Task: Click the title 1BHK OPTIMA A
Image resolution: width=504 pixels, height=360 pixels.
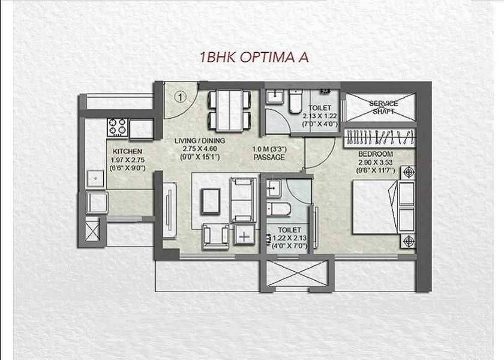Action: pyautogui.click(x=254, y=57)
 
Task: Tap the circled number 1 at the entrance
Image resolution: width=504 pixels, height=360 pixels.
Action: pyautogui.click(x=181, y=97)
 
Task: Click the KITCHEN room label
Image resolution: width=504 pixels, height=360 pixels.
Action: pyautogui.click(x=127, y=151)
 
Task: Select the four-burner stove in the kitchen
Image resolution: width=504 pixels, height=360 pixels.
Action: pyautogui.click(x=118, y=127)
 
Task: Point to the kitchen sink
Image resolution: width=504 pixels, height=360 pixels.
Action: pyautogui.click(x=95, y=179)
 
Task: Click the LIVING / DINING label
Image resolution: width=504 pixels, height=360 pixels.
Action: pyautogui.click(x=200, y=141)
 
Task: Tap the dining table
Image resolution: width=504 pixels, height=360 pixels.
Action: pyautogui.click(x=229, y=110)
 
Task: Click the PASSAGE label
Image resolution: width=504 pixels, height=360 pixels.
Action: pyautogui.click(x=269, y=157)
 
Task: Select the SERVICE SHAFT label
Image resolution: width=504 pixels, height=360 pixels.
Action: pyautogui.click(x=383, y=107)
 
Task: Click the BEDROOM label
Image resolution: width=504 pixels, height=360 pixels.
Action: pyautogui.click(x=376, y=154)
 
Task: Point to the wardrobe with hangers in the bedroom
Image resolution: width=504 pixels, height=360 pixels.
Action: pyautogui.click(x=380, y=137)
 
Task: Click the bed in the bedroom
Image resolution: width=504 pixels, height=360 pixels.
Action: pyautogui.click(x=384, y=206)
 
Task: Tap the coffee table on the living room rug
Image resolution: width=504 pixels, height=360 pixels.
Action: pyautogui.click(x=211, y=202)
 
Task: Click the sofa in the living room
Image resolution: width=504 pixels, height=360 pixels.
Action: pyautogui.click(x=244, y=200)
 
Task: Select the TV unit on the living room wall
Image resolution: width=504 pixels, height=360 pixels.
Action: pyautogui.click(x=169, y=210)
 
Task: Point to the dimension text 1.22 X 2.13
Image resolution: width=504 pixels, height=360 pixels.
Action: pyautogui.click(x=290, y=238)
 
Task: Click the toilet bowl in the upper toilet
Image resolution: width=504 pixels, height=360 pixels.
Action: pyautogui.click(x=295, y=101)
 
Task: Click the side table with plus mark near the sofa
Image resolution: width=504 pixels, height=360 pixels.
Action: pyautogui.click(x=244, y=235)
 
